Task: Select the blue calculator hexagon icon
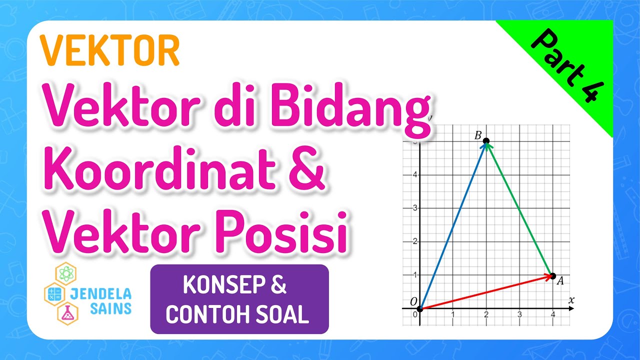tap(53, 294)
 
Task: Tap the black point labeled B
tap(486, 141)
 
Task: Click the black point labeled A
tap(552, 275)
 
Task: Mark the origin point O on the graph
tap(420, 309)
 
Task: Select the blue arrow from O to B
tap(453, 225)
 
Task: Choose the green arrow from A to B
tap(519, 208)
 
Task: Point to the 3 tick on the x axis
tap(519, 314)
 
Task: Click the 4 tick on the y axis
tap(414, 174)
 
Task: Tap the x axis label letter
tap(571, 300)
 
